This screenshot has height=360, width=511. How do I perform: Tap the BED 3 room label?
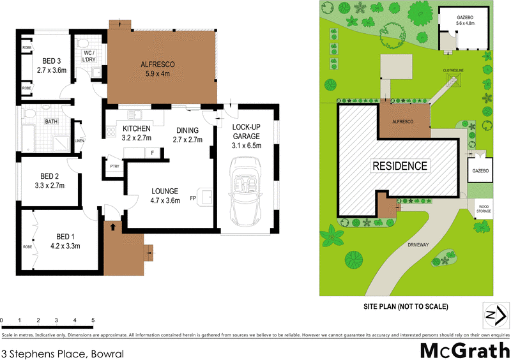click(x=52, y=66)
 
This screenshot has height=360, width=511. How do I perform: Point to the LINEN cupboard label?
click(x=79, y=141)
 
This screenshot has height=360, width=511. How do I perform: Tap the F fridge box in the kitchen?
click(x=153, y=153)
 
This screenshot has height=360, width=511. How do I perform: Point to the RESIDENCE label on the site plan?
click(x=400, y=166)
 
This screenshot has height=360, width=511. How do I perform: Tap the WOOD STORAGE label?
click(x=484, y=209)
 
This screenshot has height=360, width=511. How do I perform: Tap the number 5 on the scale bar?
click(x=93, y=320)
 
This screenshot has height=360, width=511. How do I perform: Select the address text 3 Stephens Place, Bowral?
click(x=62, y=353)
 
